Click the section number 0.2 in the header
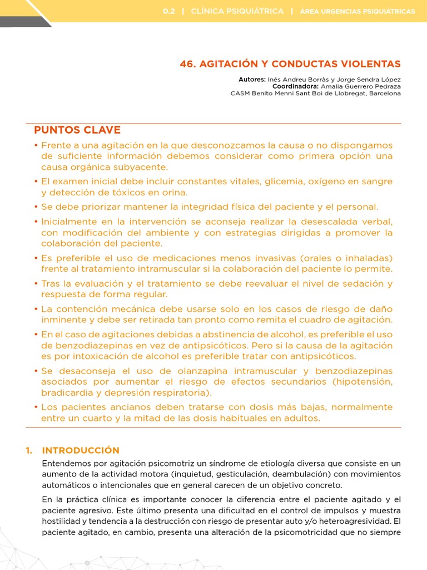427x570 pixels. tap(169, 11)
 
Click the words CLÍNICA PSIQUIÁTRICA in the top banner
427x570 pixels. tap(237, 11)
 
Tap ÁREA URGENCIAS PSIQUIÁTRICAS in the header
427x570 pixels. tap(357, 11)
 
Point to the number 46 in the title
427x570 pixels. tap(185, 64)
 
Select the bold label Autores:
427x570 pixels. tap(252, 80)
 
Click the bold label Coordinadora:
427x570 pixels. tap(295, 86)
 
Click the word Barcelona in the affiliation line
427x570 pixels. tap(383, 94)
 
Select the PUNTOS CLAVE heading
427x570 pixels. tap(77, 130)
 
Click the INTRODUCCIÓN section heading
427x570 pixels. tap(81, 450)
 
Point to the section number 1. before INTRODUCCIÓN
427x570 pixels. tap(29, 450)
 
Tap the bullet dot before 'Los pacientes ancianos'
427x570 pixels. tap(37, 407)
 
